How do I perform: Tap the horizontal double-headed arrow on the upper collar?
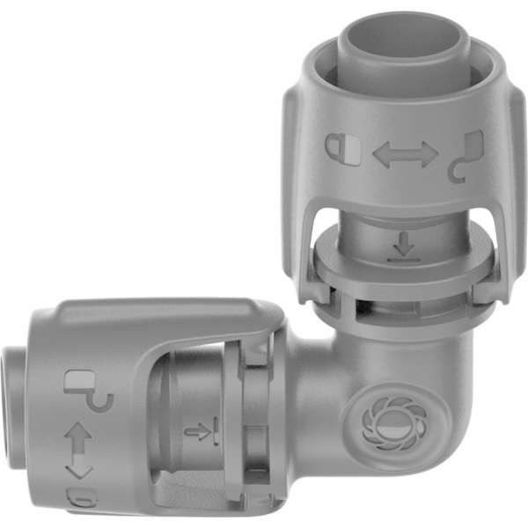[x=405, y=155]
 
